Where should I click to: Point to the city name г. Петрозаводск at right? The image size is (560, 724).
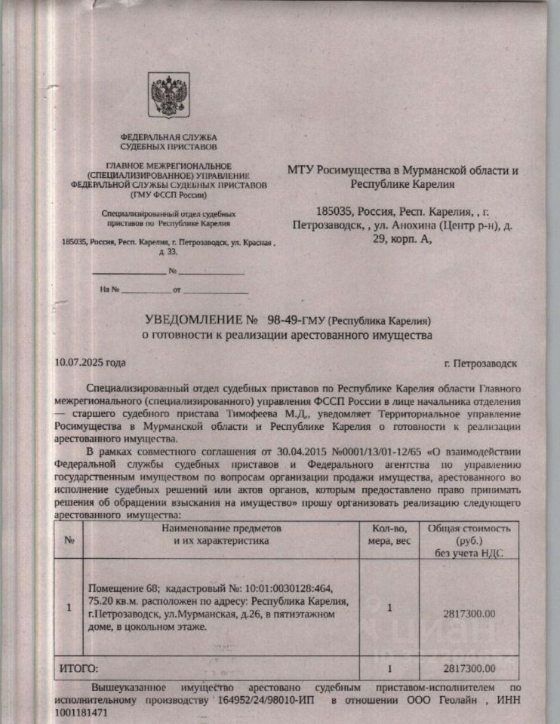point(481,363)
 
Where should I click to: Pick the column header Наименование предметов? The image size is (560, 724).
point(220,528)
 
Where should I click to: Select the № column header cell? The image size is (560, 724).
point(69,540)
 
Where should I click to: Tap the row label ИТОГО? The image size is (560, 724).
point(79,667)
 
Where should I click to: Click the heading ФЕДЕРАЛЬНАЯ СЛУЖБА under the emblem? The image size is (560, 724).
point(169,137)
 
